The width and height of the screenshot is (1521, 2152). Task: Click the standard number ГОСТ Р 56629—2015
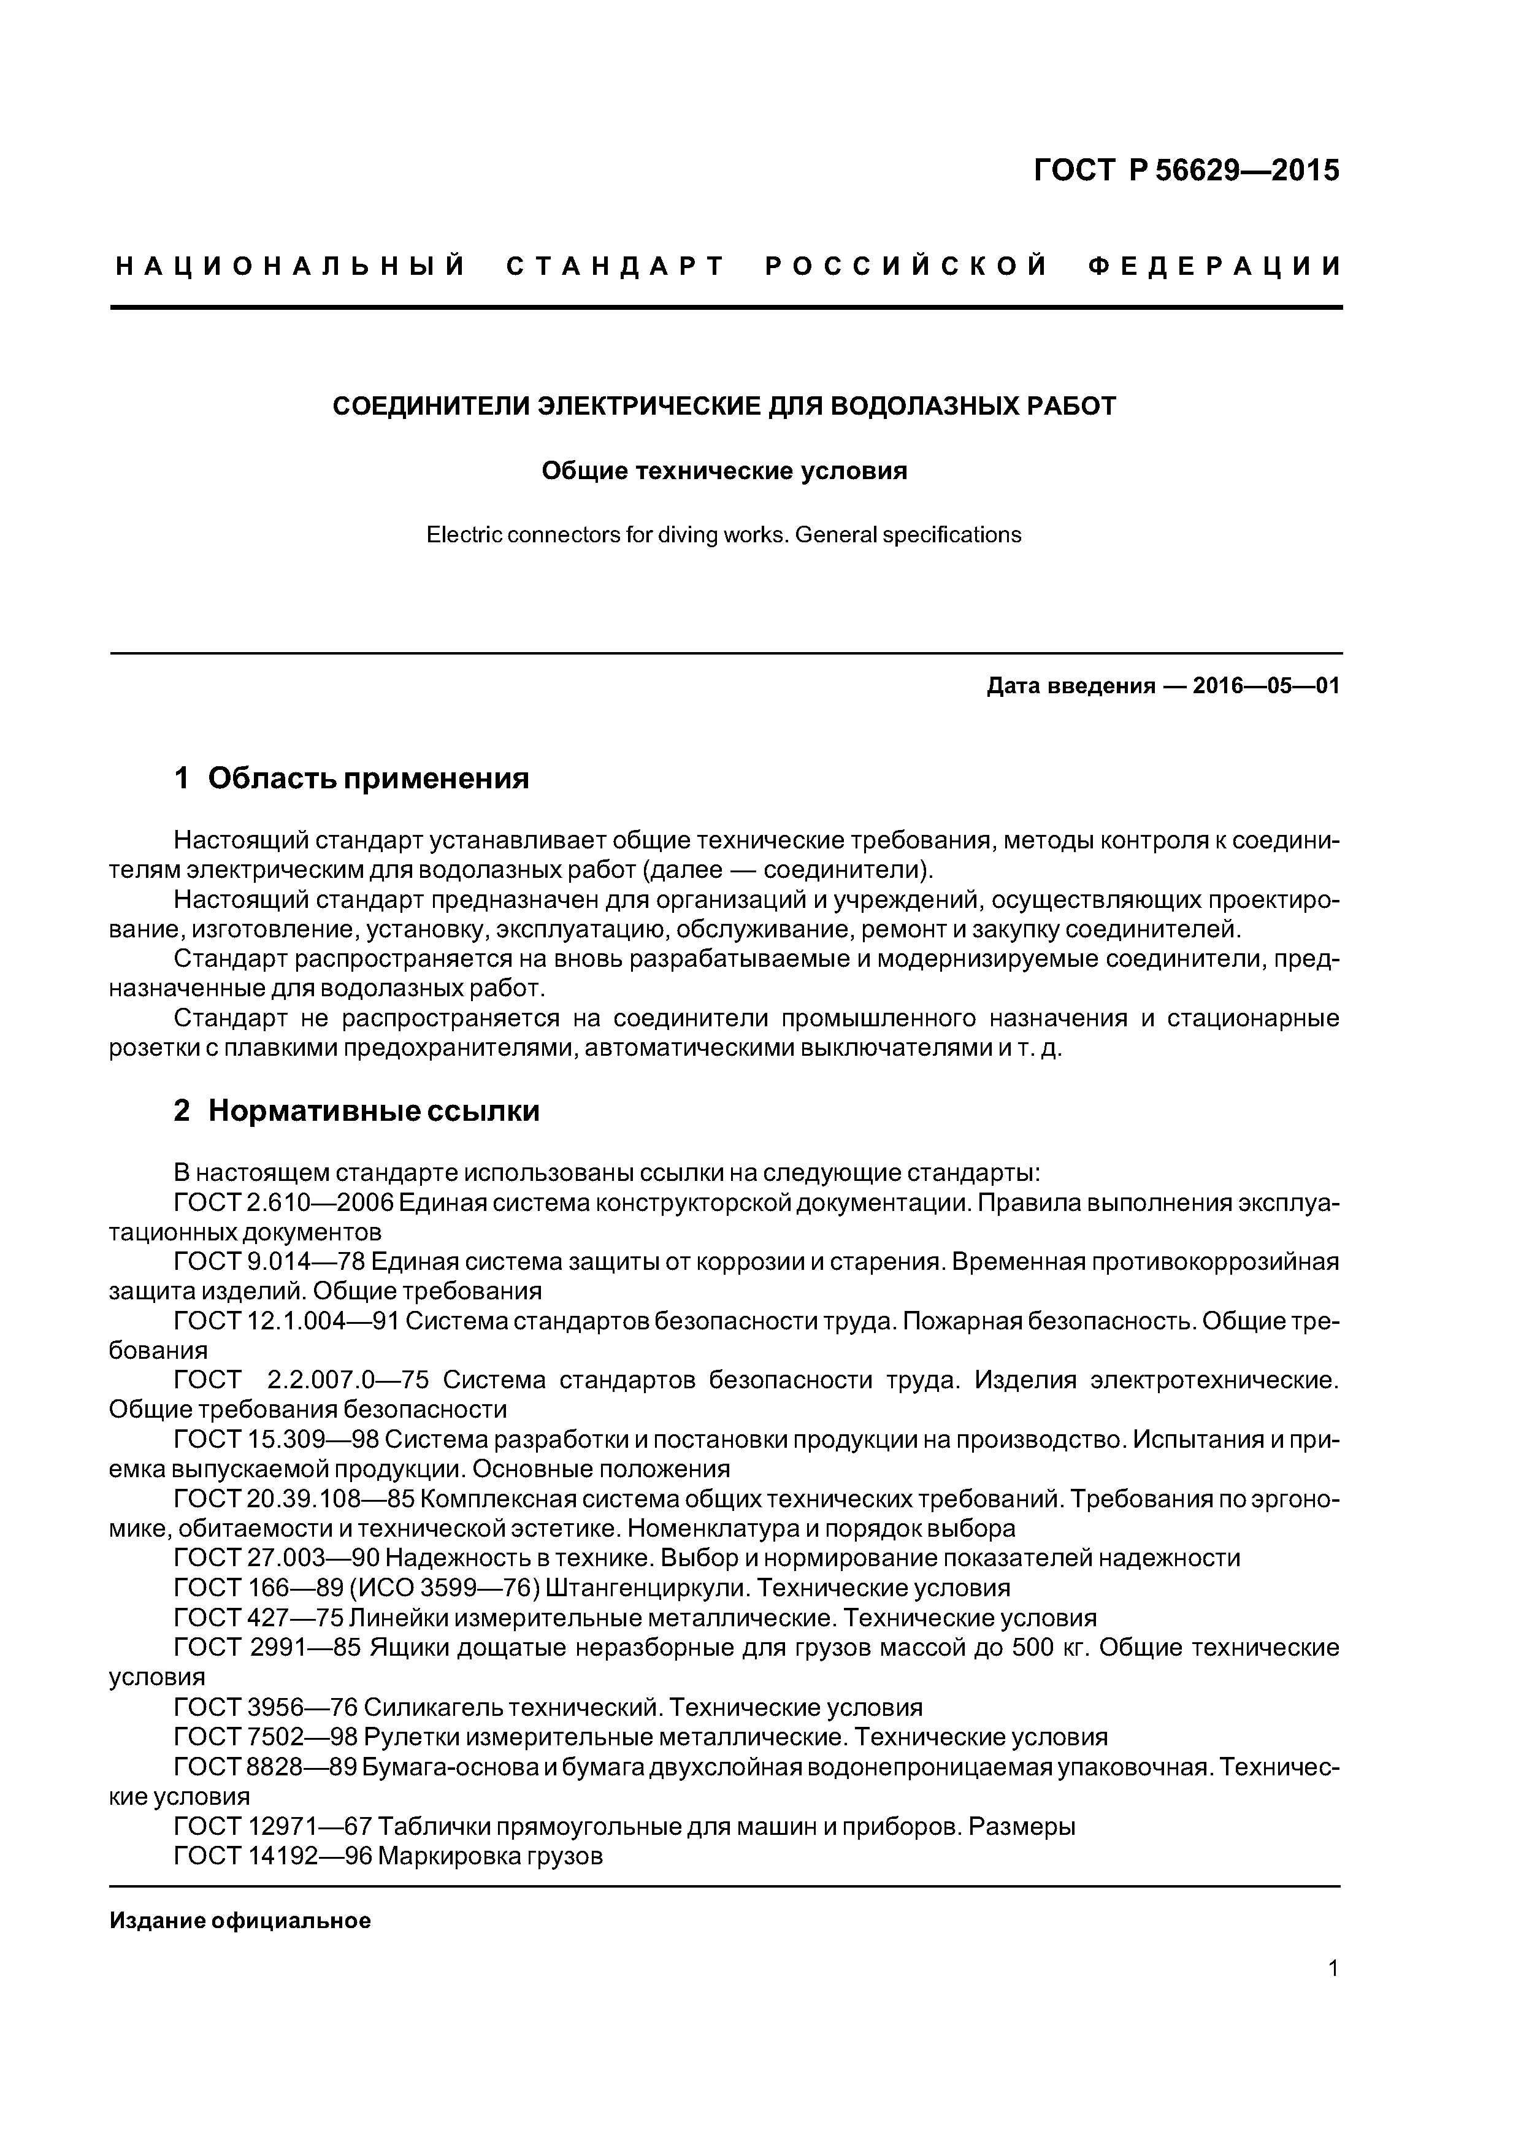[x=1186, y=171]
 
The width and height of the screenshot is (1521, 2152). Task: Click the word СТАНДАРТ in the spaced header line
[x=616, y=267]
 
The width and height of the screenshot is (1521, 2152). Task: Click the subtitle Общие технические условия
[x=724, y=471]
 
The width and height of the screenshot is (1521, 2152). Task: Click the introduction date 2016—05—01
[x=1265, y=686]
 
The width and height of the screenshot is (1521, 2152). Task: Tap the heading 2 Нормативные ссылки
[x=356, y=1111]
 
